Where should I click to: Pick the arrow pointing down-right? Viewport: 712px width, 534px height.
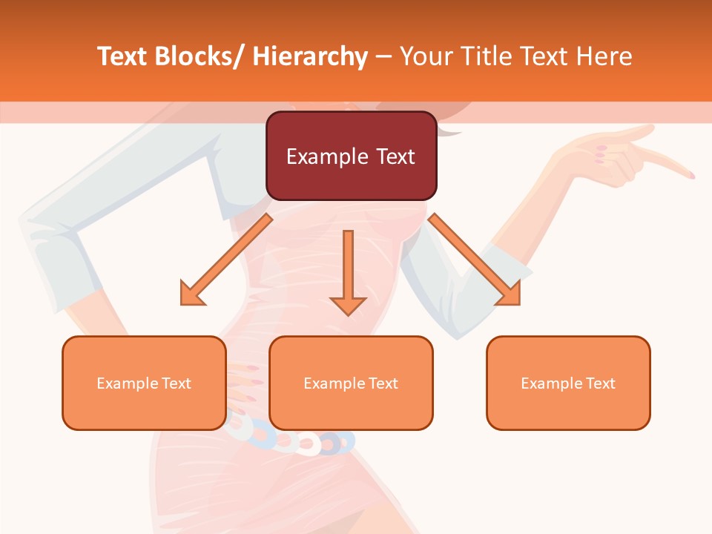click(x=475, y=260)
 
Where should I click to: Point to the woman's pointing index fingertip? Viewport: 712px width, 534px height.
click(x=690, y=175)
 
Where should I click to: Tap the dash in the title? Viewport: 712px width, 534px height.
click(x=383, y=56)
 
